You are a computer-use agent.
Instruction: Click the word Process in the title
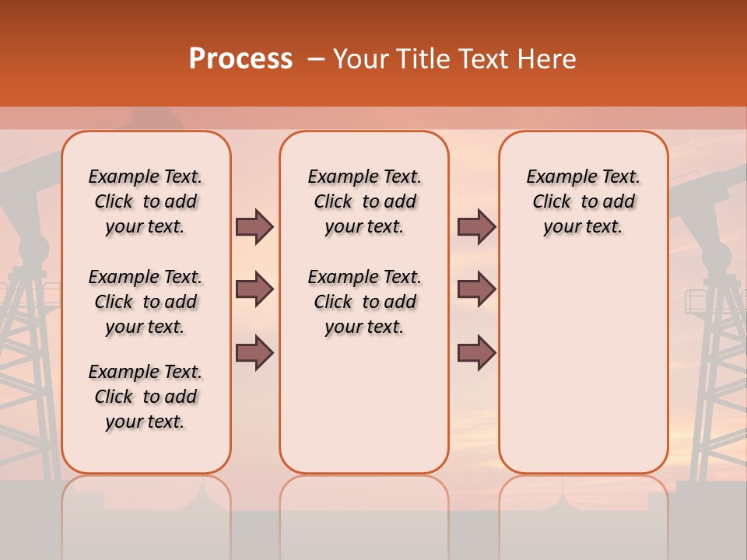(x=240, y=59)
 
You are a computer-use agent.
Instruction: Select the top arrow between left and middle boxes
(x=254, y=226)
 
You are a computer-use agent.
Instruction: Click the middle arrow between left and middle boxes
(x=254, y=289)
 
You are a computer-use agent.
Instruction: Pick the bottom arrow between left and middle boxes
(x=254, y=352)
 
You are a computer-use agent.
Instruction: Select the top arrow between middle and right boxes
(x=476, y=226)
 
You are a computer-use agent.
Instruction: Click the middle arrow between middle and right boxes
(x=476, y=289)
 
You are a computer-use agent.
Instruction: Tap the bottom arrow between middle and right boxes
(x=476, y=352)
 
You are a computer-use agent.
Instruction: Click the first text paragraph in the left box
(x=146, y=201)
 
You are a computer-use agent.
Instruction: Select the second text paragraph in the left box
(x=146, y=302)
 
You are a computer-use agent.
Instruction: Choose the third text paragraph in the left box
(x=146, y=397)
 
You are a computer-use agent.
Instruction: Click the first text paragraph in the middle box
(x=364, y=201)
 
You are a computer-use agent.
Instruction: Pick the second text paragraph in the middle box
(x=364, y=302)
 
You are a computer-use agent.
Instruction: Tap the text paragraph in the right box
(x=583, y=201)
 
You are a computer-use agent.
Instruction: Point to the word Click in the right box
(x=552, y=202)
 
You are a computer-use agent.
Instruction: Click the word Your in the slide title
(x=361, y=59)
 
